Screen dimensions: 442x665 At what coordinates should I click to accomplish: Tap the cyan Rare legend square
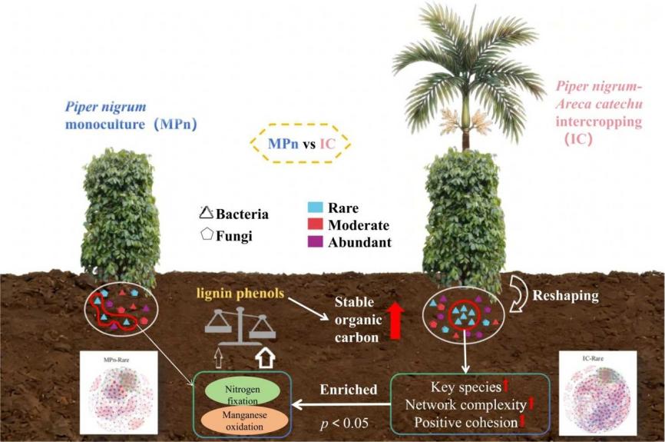point(314,208)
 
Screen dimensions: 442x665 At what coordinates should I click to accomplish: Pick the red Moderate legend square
point(314,225)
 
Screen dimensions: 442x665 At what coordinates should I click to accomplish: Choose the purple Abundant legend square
point(314,242)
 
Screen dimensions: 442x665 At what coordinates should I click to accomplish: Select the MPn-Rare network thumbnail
point(117,393)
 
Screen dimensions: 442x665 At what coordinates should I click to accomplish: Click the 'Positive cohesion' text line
point(465,422)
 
